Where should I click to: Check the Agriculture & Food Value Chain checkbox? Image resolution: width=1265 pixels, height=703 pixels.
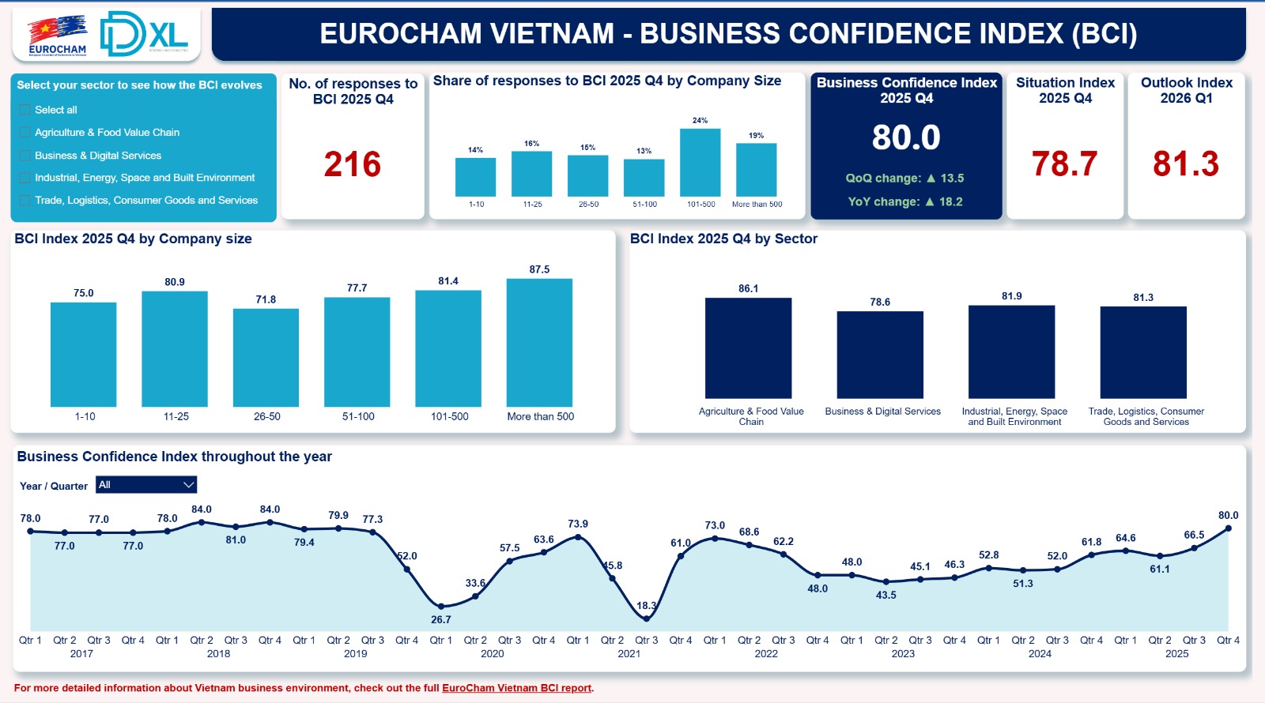click(25, 133)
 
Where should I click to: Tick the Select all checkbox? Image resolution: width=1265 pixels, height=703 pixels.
click(25, 110)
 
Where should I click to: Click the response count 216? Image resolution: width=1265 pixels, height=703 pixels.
click(353, 164)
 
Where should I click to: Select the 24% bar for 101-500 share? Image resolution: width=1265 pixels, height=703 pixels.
click(700, 163)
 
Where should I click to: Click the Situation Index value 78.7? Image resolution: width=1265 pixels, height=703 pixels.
click(1064, 164)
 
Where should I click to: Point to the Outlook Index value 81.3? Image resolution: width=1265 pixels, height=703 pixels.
click(1185, 164)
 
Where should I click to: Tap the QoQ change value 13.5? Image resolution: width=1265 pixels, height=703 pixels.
click(951, 179)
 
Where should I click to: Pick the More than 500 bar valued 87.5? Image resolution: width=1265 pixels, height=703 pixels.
click(539, 343)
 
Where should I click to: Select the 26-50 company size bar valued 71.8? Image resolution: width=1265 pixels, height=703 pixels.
click(266, 358)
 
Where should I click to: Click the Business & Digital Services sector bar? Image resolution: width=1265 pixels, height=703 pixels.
click(880, 355)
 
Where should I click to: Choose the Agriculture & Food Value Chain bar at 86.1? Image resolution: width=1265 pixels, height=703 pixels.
click(748, 348)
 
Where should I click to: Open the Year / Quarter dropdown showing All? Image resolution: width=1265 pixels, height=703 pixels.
click(146, 485)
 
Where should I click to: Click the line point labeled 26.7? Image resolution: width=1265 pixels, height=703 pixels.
click(441, 606)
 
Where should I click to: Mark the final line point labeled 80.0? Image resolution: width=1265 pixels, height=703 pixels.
click(1229, 528)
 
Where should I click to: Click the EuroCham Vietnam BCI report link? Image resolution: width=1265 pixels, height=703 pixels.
click(516, 688)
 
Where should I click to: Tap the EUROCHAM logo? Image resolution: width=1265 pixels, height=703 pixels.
click(57, 36)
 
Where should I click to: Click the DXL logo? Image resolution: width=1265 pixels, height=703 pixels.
click(144, 34)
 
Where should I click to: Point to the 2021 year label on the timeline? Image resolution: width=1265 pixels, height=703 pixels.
click(629, 654)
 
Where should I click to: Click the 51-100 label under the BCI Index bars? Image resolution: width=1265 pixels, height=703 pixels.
click(358, 416)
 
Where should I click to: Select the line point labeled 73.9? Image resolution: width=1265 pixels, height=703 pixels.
click(578, 537)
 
